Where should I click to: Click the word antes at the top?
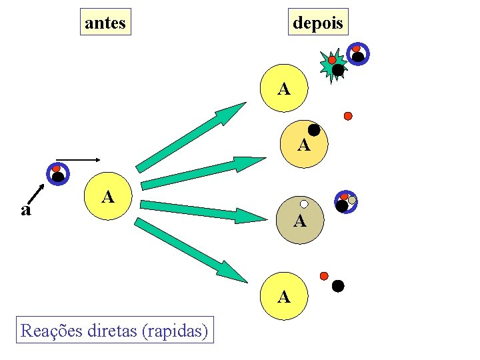[x=105, y=23]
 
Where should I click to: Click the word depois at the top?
[x=318, y=23]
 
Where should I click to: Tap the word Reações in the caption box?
[x=52, y=329]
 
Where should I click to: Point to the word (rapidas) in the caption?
[x=175, y=329]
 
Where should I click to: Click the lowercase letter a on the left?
[x=26, y=211]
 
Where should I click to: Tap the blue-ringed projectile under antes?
[x=57, y=173]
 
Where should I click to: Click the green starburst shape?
[x=333, y=65]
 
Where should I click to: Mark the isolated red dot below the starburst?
[x=348, y=116]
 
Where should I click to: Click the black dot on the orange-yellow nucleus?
[x=313, y=131]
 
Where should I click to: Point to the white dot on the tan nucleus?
[x=304, y=204]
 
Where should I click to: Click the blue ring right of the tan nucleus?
[x=345, y=202]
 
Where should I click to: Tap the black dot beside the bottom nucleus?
[x=338, y=287]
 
